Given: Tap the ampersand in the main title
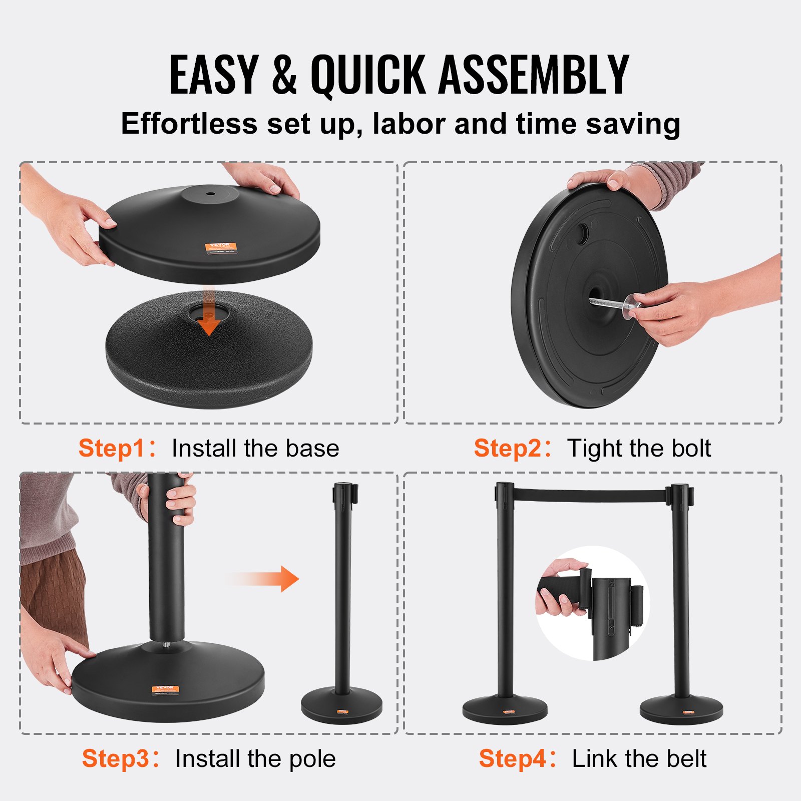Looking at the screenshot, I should click(284, 75).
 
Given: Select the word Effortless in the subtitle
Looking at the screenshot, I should click(189, 124).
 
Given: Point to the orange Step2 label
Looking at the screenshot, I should click(508, 448).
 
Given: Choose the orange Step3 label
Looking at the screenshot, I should click(116, 758).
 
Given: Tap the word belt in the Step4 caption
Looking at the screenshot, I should click(686, 758).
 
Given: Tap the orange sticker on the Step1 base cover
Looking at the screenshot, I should click(220, 247).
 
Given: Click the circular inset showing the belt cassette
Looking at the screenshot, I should click(593, 603).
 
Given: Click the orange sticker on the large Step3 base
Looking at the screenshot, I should click(165, 690).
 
